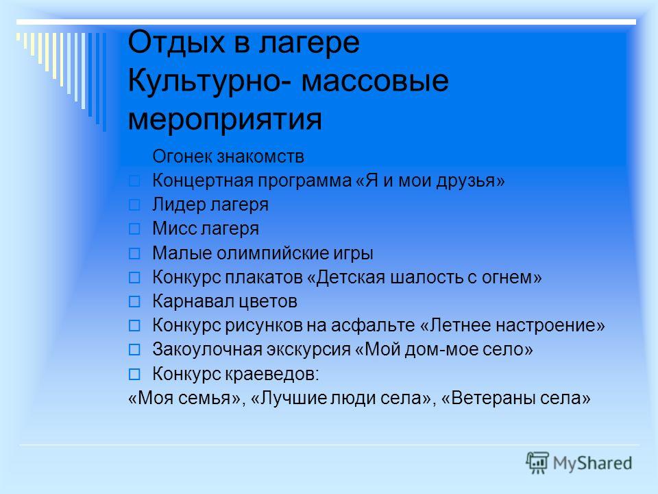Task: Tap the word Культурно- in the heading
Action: (209, 81)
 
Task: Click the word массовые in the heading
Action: (375, 82)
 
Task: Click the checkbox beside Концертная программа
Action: (134, 181)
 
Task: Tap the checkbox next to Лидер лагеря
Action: (134, 205)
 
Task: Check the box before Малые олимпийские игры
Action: (134, 253)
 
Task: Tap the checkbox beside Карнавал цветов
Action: (134, 302)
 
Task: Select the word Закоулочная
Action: (207, 349)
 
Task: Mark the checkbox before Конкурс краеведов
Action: (134, 374)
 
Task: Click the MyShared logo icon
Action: (537, 463)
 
